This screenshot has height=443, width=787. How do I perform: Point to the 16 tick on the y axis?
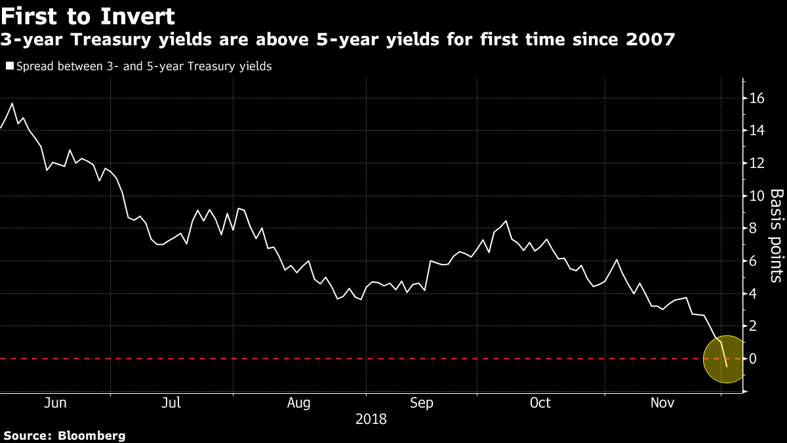pyautogui.click(x=757, y=98)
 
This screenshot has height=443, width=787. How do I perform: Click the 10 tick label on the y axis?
pyautogui.click(x=757, y=196)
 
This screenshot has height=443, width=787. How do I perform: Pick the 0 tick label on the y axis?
pyautogui.click(x=753, y=358)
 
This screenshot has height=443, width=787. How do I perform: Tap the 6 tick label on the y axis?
pyautogui.click(x=753, y=261)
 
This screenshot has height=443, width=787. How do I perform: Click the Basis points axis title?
pyautogui.click(x=776, y=236)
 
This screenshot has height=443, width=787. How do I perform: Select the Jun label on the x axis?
pyautogui.click(x=54, y=402)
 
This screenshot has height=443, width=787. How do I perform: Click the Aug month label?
pyautogui.click(x=299, y=402)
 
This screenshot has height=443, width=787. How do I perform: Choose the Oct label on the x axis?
pyautogui.click(x=540, y=402)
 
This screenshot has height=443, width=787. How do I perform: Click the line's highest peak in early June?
pyautogui.click(x=12, y=103)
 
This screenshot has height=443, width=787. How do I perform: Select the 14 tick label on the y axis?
pyautogui.click(x=757, y=131)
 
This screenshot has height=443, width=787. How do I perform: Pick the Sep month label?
pyautogui.click(x=422, y=402)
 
